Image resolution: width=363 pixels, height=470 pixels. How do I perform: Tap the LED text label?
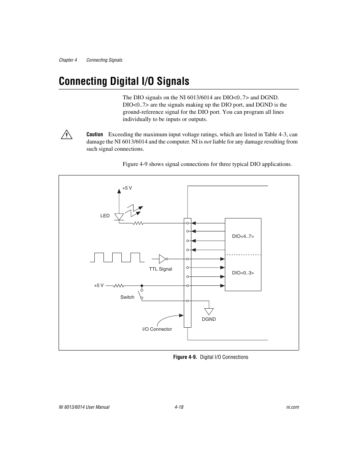[105, 216]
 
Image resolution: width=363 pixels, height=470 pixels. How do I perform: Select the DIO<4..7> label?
[243, 236]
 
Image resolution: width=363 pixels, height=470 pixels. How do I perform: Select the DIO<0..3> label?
[243, 273]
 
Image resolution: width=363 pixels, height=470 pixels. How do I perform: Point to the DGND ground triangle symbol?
[209, 311]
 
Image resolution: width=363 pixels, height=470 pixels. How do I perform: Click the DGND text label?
[209, 319]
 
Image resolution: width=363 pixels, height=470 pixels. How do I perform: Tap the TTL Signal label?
[161, 269]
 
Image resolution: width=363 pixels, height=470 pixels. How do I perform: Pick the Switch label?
[127, 297]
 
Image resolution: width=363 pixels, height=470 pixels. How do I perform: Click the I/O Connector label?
[157, 329]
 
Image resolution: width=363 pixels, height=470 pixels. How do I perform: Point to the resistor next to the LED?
[138, 223]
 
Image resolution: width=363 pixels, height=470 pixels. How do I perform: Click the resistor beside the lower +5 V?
[119, 285]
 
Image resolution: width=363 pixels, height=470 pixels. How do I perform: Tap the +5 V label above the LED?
[127, 188]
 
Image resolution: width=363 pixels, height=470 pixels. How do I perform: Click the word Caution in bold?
[95, 134]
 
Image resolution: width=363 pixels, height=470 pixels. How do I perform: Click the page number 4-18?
[179, 407]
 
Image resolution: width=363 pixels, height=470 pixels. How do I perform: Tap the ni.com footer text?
[292, 407]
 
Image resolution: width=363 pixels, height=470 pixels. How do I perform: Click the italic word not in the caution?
[207, 142]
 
